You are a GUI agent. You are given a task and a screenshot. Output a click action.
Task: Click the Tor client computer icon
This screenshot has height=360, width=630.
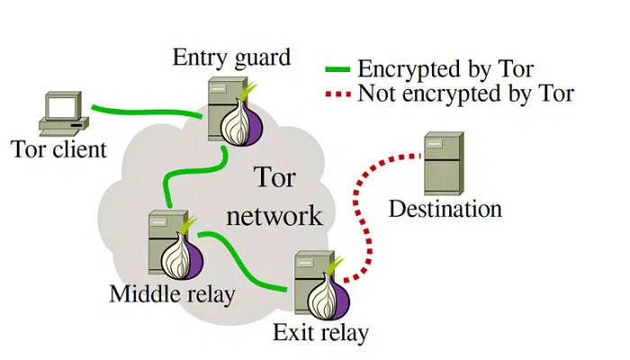[62, 113]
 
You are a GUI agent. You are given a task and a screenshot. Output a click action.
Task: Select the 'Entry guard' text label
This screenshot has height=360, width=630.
[232, 58]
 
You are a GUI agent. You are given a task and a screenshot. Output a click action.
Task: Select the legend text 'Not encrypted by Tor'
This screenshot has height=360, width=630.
[464, 93]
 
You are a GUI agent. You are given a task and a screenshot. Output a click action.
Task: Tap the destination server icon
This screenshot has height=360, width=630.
[444, 162]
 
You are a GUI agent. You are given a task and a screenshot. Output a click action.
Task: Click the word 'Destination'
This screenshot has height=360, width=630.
[445, 210]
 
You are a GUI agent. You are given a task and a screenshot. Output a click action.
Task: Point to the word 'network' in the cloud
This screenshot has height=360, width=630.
[274, 216]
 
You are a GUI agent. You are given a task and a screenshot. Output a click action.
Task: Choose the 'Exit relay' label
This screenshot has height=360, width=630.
[320, 334]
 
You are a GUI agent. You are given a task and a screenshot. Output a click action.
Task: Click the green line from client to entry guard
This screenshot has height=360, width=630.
[144, 112]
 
